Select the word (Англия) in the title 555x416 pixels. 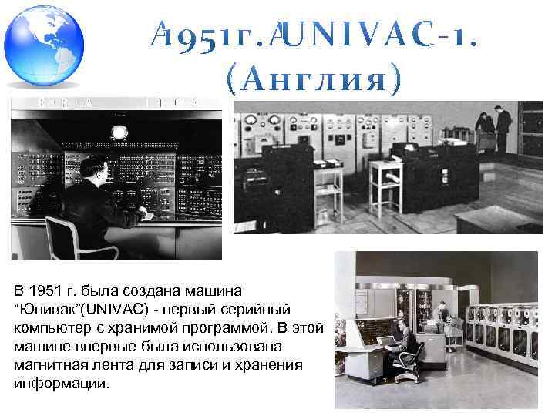(x=314, y=79)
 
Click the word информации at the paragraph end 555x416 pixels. (x=62, y=383)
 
